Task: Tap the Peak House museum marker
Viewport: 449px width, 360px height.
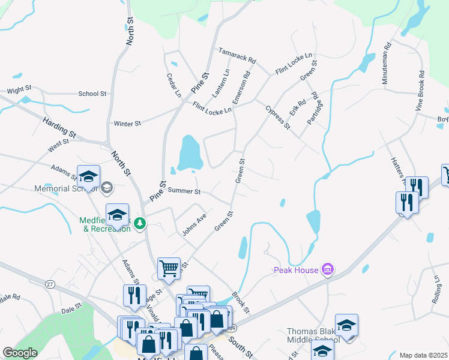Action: pyautogui.click(x=328, y=270)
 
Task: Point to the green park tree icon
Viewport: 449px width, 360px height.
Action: pyautogui.click(x=140, y=223)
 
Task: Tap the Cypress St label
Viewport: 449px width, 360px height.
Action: pyautogui.click(x=278, y=118)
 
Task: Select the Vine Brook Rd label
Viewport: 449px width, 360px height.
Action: pyautogui.click(x=420, y=91)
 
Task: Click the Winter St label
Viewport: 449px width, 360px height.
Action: pyautogui.click(x=127, y=124)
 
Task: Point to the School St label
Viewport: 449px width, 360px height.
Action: pyautogui.click(x=92, y=94)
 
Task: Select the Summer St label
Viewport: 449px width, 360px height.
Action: pyautogui.click(x=184, y=191)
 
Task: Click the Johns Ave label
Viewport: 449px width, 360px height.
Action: pyautogui.click(x=194, y=224)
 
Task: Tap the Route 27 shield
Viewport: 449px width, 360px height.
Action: pyautogui.click(x=50, y=284)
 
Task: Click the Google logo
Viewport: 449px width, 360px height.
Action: pyautogui.click(x=20, y=353)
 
